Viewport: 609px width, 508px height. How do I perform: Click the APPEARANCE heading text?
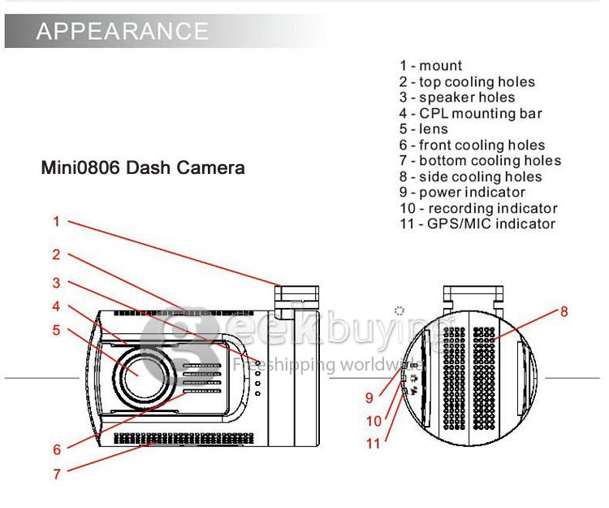coord(123,32)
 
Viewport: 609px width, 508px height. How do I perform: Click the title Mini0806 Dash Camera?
coord(143,168)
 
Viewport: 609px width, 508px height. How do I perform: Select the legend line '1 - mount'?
coord(430,66)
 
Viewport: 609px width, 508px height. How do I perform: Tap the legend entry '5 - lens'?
coord(423,129)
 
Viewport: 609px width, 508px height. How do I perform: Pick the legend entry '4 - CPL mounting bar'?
coord(470,114)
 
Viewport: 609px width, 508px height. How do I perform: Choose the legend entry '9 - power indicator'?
coord(462,193)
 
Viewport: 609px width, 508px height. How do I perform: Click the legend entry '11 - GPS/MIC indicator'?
coord(477,224)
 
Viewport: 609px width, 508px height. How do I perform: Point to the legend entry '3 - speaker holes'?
coord(456,98)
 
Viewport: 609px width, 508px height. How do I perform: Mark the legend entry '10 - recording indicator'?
coord(478,209)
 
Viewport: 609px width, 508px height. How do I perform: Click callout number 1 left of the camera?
coord(56,221)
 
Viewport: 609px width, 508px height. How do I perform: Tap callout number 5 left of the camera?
coord(56,330)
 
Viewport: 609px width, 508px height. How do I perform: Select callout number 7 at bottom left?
coord(56,474)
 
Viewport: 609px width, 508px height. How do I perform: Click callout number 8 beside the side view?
coord(564,311)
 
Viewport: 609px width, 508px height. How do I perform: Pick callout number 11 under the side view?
coord(373,444)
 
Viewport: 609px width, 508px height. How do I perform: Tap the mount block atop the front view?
coord(296,298)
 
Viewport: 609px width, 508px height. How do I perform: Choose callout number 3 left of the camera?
coord(56,283)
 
